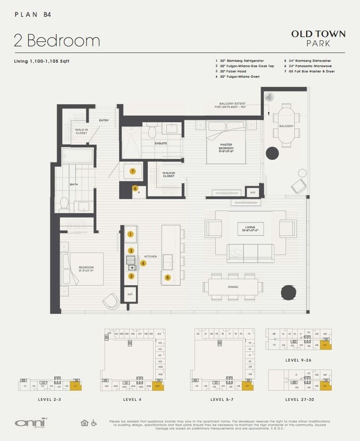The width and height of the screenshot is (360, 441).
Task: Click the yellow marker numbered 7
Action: pos(133,171)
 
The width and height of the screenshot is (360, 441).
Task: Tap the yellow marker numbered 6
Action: pos(135,189)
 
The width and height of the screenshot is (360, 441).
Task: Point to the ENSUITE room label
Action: pos(161,143)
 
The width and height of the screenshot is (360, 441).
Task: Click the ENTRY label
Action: pos(104,121)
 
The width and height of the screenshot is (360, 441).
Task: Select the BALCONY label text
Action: pos(286,126)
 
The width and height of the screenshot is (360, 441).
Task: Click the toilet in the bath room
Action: pos(64,203)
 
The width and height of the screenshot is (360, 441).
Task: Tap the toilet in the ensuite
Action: pos(152,130)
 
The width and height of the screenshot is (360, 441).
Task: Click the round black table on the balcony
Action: pos(272,153)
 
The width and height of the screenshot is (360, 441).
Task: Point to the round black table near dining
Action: pos(288,292)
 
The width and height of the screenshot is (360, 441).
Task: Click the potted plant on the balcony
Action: pos(270,97)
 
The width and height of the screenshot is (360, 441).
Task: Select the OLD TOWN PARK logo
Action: pos(318,38)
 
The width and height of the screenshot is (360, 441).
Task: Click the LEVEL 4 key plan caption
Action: pos(132,399)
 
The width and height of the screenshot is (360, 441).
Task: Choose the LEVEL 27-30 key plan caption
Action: pos(299,399)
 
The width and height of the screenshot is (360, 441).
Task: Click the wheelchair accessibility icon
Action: pos(94,422)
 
